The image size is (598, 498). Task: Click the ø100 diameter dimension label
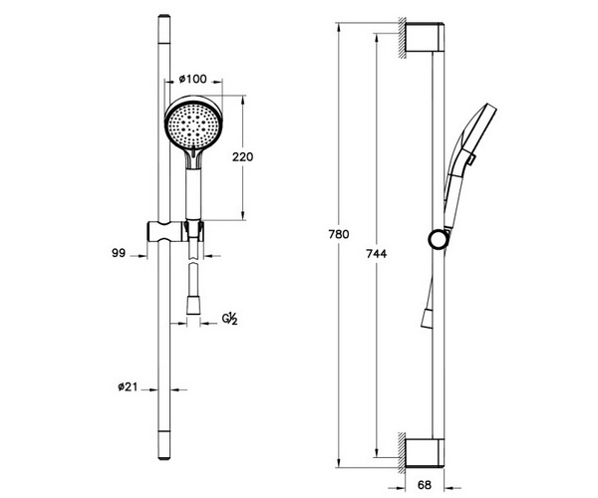pyautogui.click(x=192, y=79)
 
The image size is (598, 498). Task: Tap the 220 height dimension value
pyautogui.click(x=242, y=156)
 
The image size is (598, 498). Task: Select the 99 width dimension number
pyautogui.click(x=119, y=253)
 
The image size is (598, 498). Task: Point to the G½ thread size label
pyautogui.click(x=230, y=319)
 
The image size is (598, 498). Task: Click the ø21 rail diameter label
pyautogui.click(x=128, y=387)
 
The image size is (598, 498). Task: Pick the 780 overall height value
pyautogui.click(x=339, y=234)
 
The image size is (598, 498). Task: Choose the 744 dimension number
pyautogui.click(x=376, y=253)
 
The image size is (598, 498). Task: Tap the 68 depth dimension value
pyautogui.click(x=425, y=485)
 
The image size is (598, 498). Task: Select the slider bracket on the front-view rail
pyautogui.click(x=175, y=231)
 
